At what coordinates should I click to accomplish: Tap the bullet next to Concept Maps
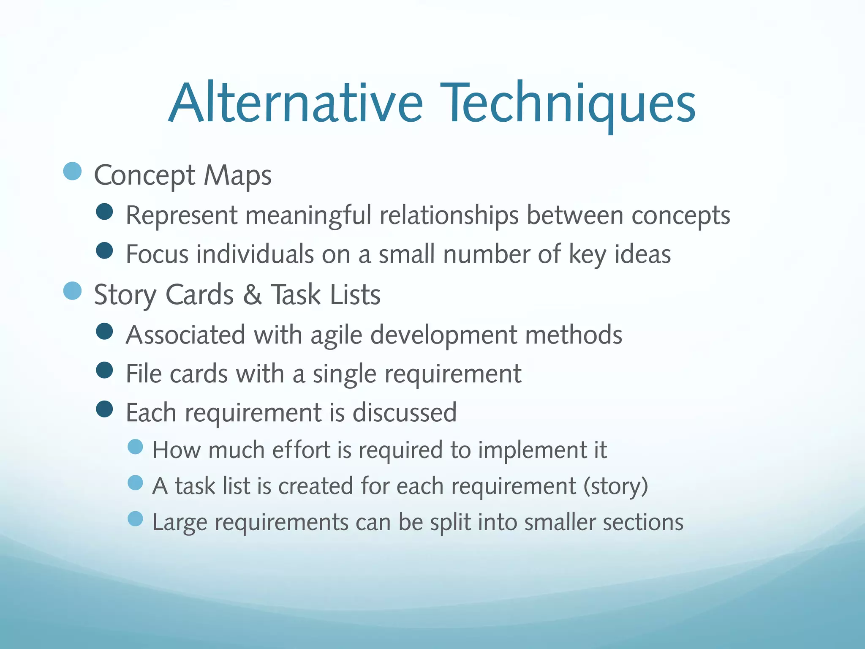[x=72, y=171]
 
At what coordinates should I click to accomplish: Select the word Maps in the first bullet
[x=237, y=175]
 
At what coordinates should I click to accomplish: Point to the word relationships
[x=449, y=215]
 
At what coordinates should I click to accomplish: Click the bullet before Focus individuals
[x=104, y=250]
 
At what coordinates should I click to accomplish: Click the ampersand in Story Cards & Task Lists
[x=252, y=295]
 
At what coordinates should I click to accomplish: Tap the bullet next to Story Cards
[x=72, y=291]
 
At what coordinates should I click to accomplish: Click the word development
[x=444, y=335]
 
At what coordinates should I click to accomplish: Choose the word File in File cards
[x=144, y=374]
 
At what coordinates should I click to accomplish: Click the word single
[x=344, y=374]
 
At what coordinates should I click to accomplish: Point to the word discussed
[x=404, y=412]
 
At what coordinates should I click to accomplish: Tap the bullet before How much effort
[x=135, y=447]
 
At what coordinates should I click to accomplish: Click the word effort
[x=301, y=450]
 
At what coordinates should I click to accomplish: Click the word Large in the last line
[x=180, y=522]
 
